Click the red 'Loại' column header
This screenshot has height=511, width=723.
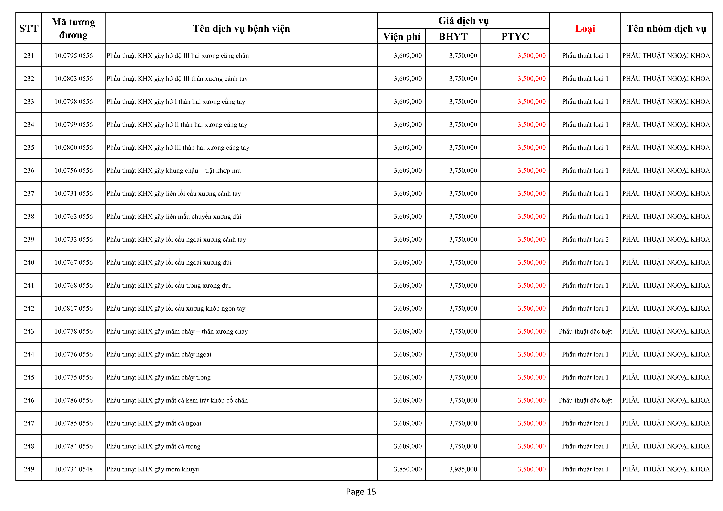click(x=585, y=29)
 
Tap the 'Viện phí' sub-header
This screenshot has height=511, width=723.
click(x=402, y=36)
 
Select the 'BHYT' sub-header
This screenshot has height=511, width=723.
click(x=453, y=36)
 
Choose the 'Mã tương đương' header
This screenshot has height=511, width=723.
click(x=73, y=28)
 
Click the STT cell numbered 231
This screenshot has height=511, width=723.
click(x=29, y=56)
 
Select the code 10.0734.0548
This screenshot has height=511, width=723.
click(x=73, y=469)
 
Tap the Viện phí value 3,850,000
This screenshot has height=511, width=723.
click(x=407, y=469)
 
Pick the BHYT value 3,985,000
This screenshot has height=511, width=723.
click(x=463, y=469)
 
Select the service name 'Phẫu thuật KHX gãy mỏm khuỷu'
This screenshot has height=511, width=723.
click(x=153, y=469)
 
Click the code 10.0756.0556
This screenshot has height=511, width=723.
click(x=73, y=171)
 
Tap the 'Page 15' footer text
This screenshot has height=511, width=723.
click(x=361, y=492)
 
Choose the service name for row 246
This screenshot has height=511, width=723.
click(x=177, y=400)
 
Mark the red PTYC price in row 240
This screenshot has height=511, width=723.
click(x=532, y=262)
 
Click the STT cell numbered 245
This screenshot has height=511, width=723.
click(x=29, y=377)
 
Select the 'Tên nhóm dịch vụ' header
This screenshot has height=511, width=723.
click(x=666, y=29)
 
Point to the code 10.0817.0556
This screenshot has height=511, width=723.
click(x=73, y=308)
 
